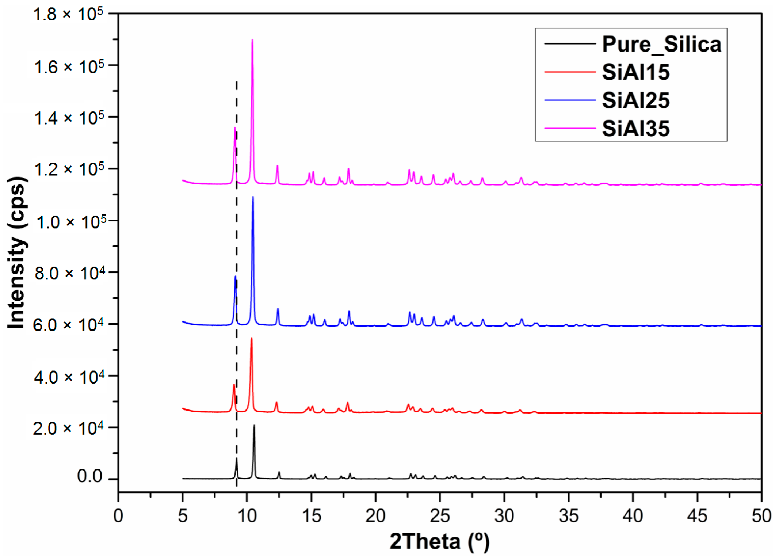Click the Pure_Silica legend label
coord(661,44)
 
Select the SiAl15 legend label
coord(635,72)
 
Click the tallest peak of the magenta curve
coord(252,40)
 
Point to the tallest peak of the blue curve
coord(253,197)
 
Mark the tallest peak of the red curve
coord(251,339)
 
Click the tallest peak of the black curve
coord(254,426)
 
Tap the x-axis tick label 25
coord(440,516)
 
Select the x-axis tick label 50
coord(761,516)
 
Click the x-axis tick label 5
coord(183,516)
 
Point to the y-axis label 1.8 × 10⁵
coord(68,15)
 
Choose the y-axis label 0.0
coord(89,476)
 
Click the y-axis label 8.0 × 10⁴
coord(69,273)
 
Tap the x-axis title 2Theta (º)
coord(439,541)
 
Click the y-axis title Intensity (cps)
coord(16,252)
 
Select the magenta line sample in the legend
coord(570,128)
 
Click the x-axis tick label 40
coord(633,516)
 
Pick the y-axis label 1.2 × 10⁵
coord(69,169)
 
